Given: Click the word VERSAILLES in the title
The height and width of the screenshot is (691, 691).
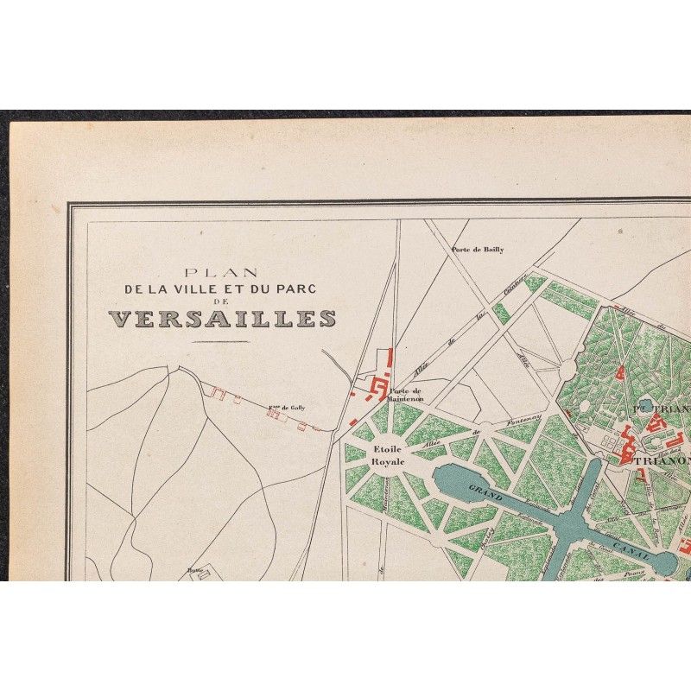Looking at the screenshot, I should tap(222, 318).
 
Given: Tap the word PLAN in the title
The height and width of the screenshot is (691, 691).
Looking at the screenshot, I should tap(222, 271).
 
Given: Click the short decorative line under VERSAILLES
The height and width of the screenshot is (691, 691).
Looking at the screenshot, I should tap(222, 342).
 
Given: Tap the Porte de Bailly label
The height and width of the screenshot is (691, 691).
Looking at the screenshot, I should tap(477, 250).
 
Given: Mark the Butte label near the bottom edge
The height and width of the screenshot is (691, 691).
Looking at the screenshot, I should tap(194, 570).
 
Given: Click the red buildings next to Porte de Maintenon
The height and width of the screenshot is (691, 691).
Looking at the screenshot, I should tap(377, 388).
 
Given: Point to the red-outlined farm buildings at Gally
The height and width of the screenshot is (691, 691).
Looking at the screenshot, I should tap(275, 413).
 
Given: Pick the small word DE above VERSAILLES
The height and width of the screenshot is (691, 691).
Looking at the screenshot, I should tap(222, 303).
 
